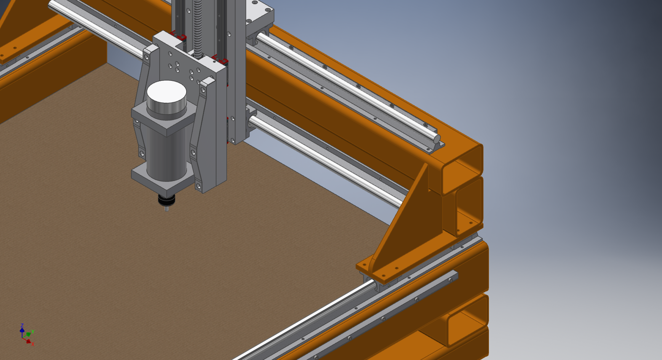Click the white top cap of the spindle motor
coord(166,92)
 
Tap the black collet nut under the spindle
coord(167,200)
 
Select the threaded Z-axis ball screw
coord(198,28)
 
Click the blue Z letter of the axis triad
coord(22,325)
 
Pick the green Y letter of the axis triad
coord(33,332)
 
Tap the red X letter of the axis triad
coord(33,344)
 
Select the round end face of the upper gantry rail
coord(437,139)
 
